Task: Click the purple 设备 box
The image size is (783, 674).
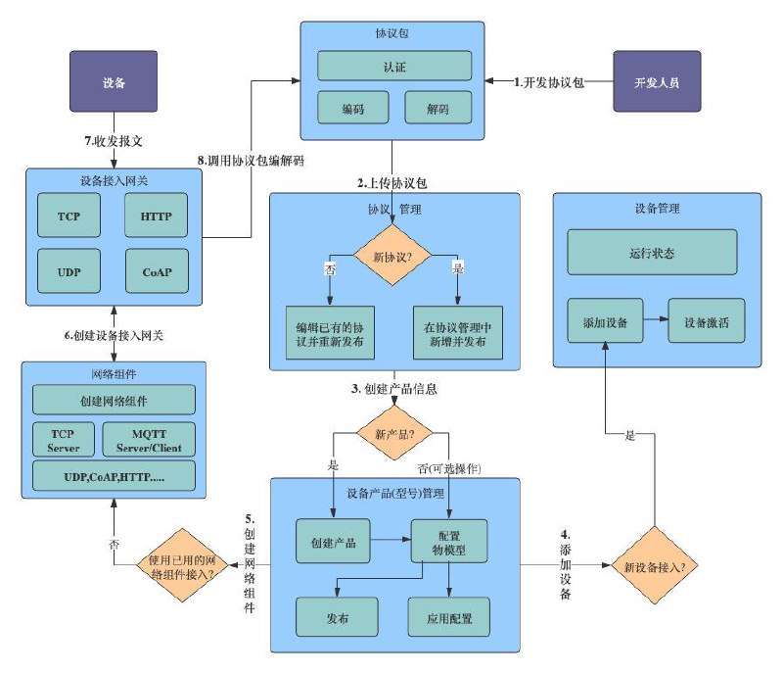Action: coord(114,81)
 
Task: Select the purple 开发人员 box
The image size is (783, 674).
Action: coord(657,81)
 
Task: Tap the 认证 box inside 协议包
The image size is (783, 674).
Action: coord(394,66)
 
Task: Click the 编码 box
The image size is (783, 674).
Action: coord(353,107)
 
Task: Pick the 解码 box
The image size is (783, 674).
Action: coord(438,107)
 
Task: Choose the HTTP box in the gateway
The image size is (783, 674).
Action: coord(156,215)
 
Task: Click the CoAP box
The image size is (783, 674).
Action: coord(157,271)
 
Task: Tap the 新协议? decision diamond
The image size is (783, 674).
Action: coord(392,255)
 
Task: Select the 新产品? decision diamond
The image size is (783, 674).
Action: coord(394,433)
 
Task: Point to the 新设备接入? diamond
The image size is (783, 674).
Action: coord(655,565)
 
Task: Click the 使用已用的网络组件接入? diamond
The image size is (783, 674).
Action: coord(182,565)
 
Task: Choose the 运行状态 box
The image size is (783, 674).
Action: coord(652,252)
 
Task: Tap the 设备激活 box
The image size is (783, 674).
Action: coord(706,320)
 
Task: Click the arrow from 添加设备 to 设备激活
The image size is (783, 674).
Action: coord(656,319)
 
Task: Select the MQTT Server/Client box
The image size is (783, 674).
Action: coord(149,440)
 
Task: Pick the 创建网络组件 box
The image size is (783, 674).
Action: coord(114,400)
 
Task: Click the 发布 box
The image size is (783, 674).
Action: coord(337,617)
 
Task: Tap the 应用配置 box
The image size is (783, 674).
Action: coord(449,617)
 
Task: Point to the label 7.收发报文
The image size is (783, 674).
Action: coord(114,141)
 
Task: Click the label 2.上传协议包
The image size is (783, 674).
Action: coord(392,183)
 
